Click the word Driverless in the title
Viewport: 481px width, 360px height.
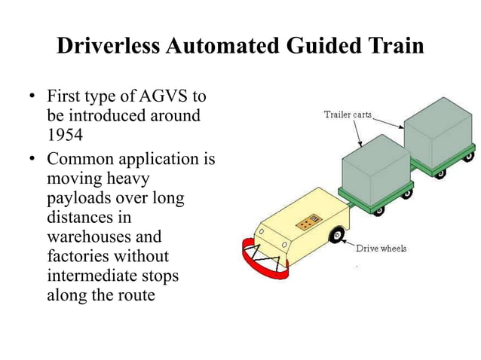click(107, 47)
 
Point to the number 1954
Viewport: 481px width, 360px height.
click(63, 135)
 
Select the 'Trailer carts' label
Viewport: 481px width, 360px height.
click(348, 114)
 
